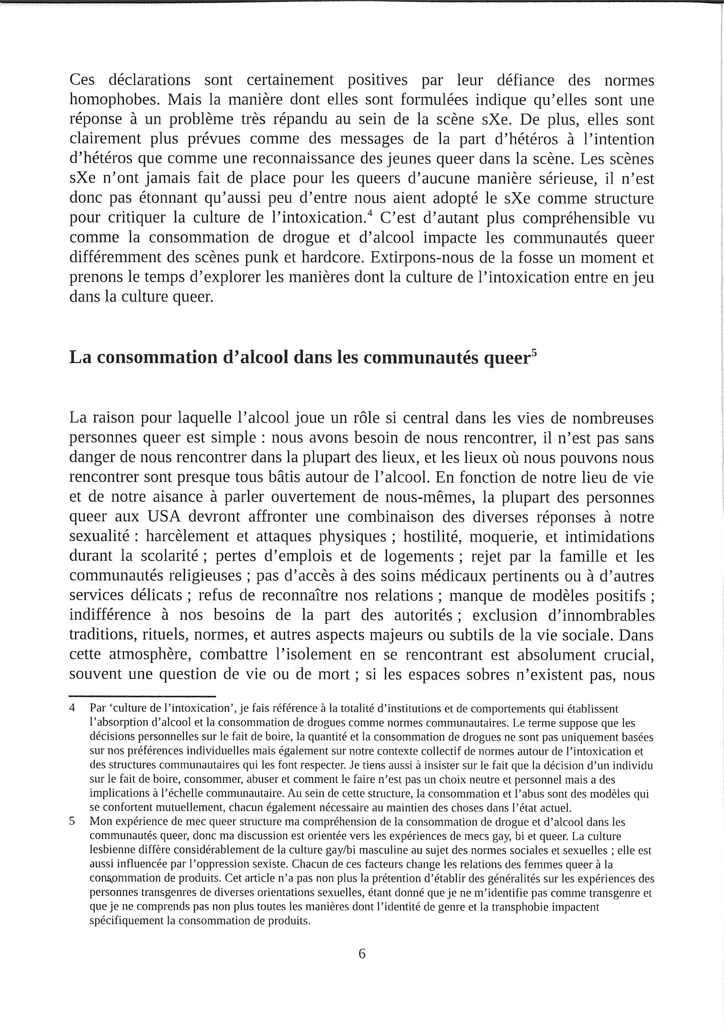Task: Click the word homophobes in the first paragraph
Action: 115,100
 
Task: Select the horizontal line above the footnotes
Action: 142,696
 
